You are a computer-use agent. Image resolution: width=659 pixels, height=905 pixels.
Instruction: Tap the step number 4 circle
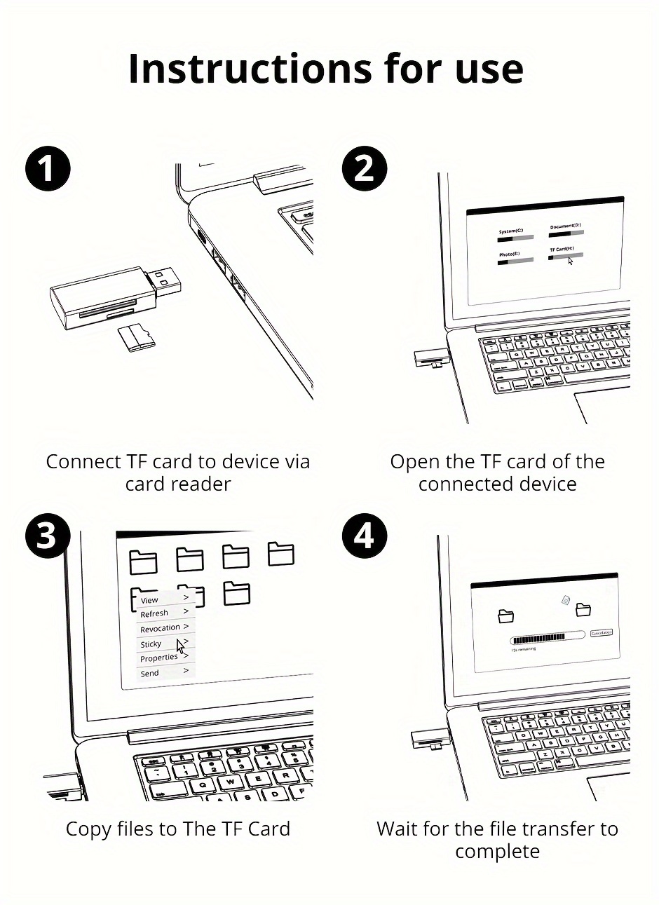[x=363, y=536]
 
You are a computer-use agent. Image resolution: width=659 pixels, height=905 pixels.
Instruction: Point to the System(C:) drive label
[x=510, y=231]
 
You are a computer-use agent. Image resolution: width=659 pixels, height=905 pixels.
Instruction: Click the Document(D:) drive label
[x=565, y=226]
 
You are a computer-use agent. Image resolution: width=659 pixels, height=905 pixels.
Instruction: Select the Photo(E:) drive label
[x=509, y=254]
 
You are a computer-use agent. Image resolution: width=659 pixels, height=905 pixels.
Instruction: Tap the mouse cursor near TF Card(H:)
[x=570, y=261]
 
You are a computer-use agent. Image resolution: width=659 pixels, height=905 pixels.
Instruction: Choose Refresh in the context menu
[x=154, y=613]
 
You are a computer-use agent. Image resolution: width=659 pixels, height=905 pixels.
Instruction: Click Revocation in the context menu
[x=160, y=628]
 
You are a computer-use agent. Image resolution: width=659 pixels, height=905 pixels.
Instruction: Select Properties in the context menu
[x=159, y=658]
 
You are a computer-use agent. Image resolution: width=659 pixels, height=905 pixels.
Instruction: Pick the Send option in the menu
[x=150, y=673]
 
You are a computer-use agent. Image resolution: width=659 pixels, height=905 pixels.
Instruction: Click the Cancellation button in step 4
[x=602, y=633]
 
